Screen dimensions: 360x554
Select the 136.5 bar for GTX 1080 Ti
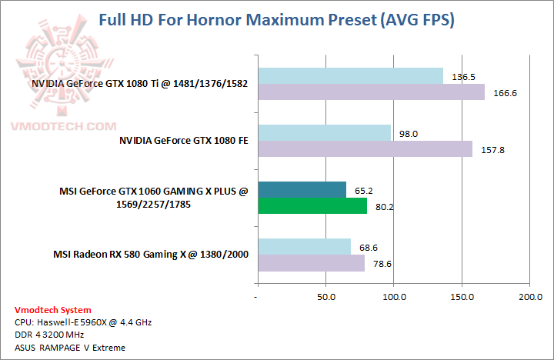[350, 75]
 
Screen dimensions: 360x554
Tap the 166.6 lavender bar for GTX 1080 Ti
[371, 92]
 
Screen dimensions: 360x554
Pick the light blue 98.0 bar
[324, 132]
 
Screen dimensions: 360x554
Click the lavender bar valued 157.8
[365, 149]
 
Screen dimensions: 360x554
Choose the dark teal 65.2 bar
[302, 189]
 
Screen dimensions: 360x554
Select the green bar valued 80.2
[312, 206]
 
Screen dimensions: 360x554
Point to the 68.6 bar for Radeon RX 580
[304, 246]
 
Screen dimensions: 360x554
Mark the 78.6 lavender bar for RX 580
[311, 263]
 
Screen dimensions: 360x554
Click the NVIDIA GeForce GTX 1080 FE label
[184, 141]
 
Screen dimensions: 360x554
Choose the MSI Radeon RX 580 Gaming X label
[151, 254]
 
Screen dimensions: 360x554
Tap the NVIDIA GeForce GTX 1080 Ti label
[140, 84]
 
